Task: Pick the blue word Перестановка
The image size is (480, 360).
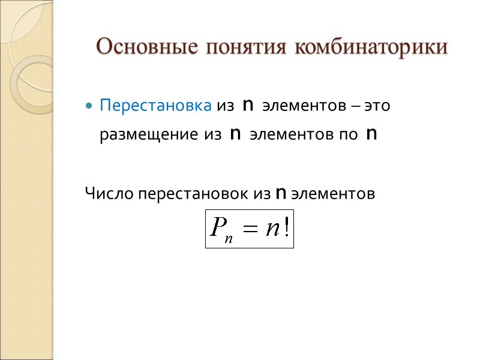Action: pyautogui.click(x=155, y=106)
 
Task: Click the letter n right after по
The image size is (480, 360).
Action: pyautogui.click(x=371, y=134)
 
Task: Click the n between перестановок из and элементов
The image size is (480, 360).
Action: pyautogui.click(x=280, y=194)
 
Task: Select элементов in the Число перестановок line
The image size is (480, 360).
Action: pyautogui.click(x=332, y=194)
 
